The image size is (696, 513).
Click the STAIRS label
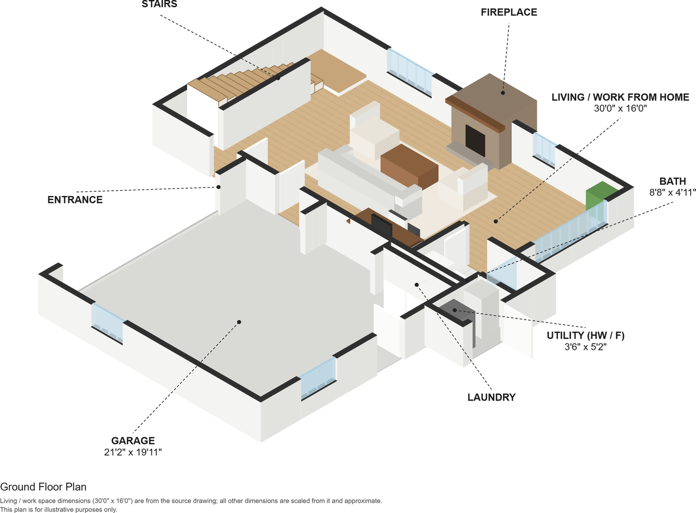click(x=159, y=4)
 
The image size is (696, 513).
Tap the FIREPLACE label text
click(x=509, y=12)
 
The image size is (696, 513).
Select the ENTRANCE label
click(x=75, y=199)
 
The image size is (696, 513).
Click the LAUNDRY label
click(x=492, y=397)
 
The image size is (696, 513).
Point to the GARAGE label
click(x=133, y=441)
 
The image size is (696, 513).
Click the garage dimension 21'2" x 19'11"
click(x=133, y=452)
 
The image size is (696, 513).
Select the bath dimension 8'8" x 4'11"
click(x=673, y=192)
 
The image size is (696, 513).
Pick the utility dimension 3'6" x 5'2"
click(x=586, y=347)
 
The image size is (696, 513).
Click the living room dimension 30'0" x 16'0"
click(x=620, y=108)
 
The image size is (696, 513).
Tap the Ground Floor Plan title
click(x=43, y=486)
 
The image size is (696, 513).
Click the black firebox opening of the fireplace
click(x=475, y=140)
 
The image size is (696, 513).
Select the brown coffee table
click(x=409, y=166)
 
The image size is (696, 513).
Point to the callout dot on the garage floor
click(x=239, y=322)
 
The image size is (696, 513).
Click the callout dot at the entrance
click(x=219, y=187)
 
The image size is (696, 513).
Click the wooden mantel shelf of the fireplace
click(x=475, y=114)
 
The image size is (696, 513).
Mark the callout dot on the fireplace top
click(x=503, y=92)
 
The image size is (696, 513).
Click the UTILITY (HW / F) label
click(x=586, y=335)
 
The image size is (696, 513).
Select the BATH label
click(x=673, y=181)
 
